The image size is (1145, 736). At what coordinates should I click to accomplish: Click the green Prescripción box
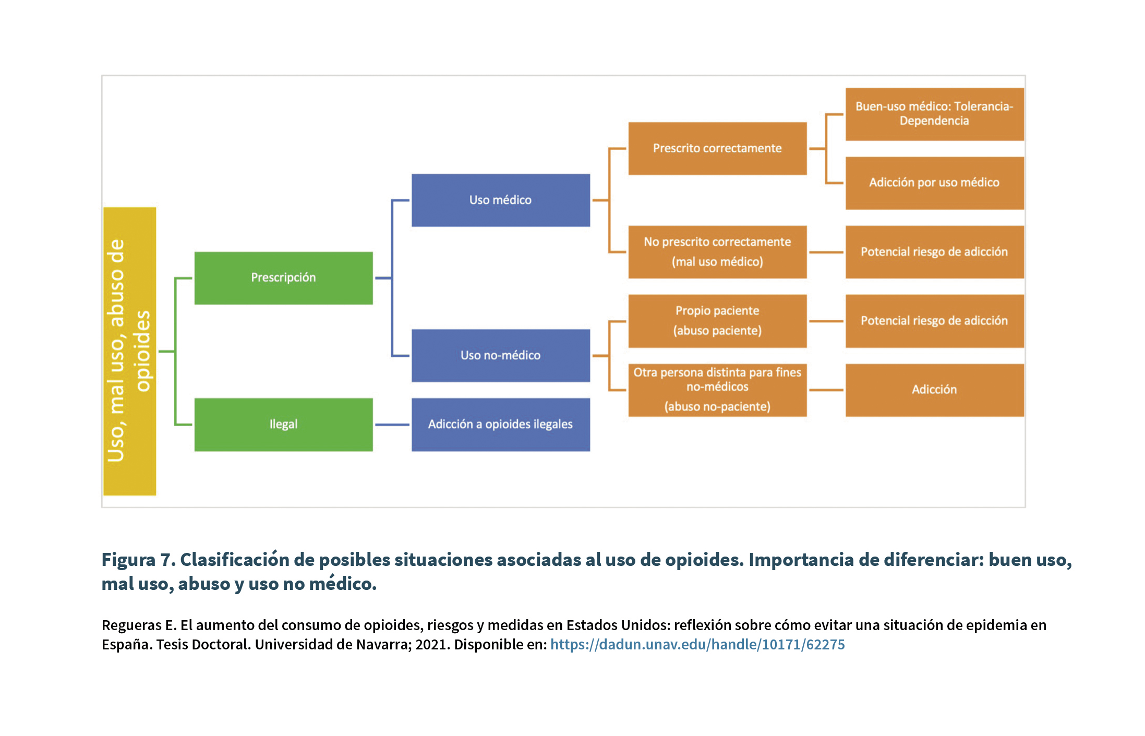(283, 278)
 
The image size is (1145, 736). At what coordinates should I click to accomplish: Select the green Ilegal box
(283, 425)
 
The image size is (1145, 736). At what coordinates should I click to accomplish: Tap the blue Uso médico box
(501, 200)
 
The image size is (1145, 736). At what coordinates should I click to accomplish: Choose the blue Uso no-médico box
(501, 356)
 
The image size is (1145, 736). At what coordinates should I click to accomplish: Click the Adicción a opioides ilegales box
(501, 425)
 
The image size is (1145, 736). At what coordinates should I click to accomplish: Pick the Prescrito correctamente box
(717, 149)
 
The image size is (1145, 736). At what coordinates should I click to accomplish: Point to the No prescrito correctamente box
(717, 252)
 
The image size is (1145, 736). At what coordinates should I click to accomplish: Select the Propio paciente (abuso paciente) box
(717, 321)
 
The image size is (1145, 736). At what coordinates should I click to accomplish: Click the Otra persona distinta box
(717, 390)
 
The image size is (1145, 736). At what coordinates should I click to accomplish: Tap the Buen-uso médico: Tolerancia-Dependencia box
(935, 114)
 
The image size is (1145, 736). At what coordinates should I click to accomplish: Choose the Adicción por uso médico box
(935, 183)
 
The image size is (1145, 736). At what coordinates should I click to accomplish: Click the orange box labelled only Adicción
(935, 390)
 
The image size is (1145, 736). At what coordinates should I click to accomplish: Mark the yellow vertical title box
(130, 351)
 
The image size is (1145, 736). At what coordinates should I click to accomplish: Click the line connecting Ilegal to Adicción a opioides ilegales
(392, 425)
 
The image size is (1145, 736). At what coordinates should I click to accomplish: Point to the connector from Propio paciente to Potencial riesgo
(826, 321)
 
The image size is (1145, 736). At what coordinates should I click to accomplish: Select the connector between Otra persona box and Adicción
(826, 390)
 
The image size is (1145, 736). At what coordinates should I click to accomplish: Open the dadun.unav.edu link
(697, 645)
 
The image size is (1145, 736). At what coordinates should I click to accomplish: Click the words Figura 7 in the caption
(139, 560)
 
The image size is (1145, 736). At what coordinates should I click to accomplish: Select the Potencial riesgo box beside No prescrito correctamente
(935, 252)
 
